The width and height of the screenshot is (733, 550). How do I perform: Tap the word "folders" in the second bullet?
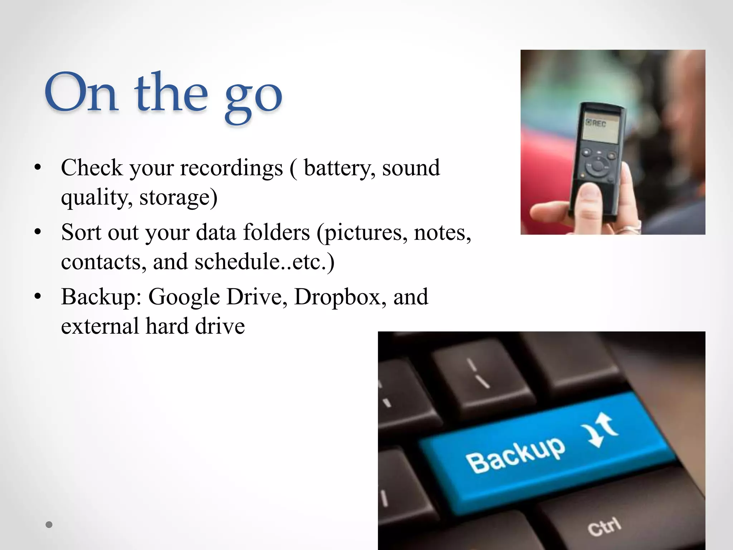click(x=276, y=232)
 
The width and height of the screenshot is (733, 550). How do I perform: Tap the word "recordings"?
click(x=231, y=168)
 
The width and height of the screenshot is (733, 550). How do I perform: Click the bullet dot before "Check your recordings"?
click(x=38, y=168)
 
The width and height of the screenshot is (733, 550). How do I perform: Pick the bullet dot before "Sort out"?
click(x=38, y=232)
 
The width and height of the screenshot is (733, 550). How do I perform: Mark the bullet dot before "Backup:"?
click(x=38, y=296)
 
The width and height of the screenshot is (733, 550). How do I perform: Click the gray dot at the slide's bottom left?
click(x=49, y=525)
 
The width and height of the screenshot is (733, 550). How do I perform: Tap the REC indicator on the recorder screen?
click(x=596, y=123)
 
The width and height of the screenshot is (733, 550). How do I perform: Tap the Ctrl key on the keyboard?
click(x=605, y=526)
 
